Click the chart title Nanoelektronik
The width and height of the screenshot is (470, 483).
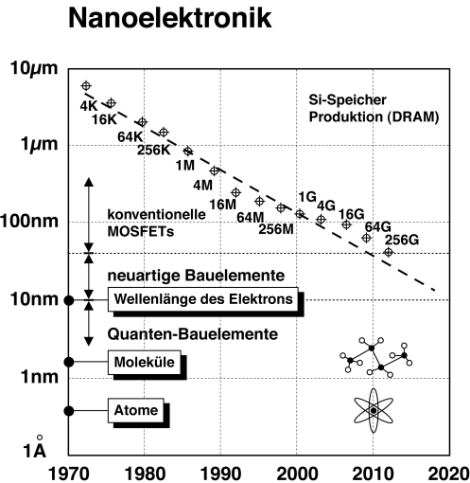pyautogui.click(x=169, y=18)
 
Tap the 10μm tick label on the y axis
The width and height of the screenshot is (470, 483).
pyautogui.click(x=34, y=68)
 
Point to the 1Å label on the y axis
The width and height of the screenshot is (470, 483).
pyautogui.click(x=35, y=448)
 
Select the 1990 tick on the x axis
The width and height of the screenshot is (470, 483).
pyautogui.click(x=220, y=474)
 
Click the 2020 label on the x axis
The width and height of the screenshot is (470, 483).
pyautogui.click(x=449, y=474)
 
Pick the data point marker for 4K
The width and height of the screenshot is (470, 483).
pyautogui.click(x=86, y=85)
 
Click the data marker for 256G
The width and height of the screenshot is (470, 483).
pyautogui.click(x=389, y=252)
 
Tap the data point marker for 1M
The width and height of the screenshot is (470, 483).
pyautogui.click(x=188, y=152)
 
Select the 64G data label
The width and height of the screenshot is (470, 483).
pyautogui.click(x=377, y=227)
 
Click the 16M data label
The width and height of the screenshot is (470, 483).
pyautogui.click(x=223, y=205)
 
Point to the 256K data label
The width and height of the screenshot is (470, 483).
pyautogui.click(x=153, y=150)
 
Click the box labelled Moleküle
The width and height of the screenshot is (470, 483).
pyautogui.click(x=145, y=362)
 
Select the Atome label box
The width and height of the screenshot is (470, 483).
pyautogui.click(x=136, y=410)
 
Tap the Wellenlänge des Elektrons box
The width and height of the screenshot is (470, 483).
pyautogui.click(x=203, y=299)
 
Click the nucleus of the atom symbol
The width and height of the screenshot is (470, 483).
pyautogui.click(x=374, y=410)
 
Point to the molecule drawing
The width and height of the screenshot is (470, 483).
pyautogui.click(x=376, y=357)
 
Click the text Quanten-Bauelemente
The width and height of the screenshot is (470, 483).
pyautogui.click(x=193, y=334)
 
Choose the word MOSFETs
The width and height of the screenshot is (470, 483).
pyautogui.click(x=141, y=231)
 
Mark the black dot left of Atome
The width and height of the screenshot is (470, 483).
pyautogui.click(x=69, y=411)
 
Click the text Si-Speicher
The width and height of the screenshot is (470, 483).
pyautogui.click(x=347, y=100)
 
